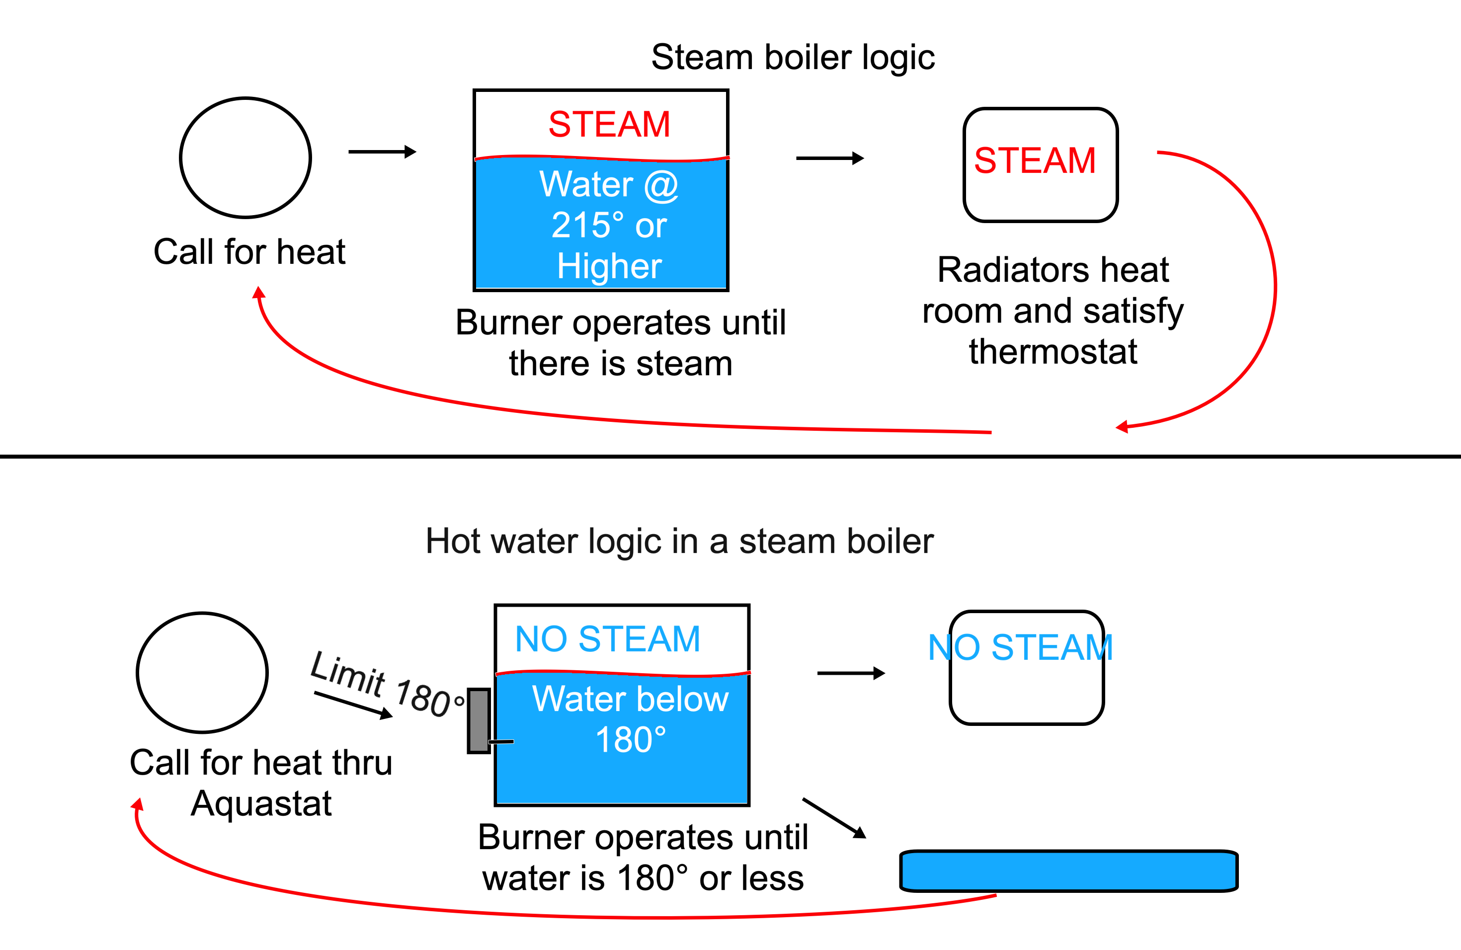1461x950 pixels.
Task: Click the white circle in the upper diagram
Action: pyautogui.click(x=245, y=158)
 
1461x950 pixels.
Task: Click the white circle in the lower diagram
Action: pyautogui.click(x=202, y=673)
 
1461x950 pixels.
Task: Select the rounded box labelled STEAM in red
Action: pyautogui.click(x=1041, y=164)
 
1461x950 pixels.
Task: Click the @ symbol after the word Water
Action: pyautogui.click(x=661, y=185)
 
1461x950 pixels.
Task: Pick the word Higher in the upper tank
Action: pyautogui.click(x=609, y=266)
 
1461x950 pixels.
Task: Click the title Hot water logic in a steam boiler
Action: pyautogui.click(x=679, y=541)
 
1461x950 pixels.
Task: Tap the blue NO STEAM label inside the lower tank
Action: pyautogui.click(x=607, y=639)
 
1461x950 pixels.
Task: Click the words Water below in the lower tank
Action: pyautogui.click(x=631, y=699)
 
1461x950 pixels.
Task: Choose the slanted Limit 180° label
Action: pyautogui.click(x=387, y=684)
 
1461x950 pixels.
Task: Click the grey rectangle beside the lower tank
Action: pyautogui.click(x=479, y=720)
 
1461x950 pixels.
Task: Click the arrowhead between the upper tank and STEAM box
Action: pyautogui.click(x=858, y=158)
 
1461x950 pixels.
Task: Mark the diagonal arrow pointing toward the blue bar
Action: pyautogui.click(x=834, y=817)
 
